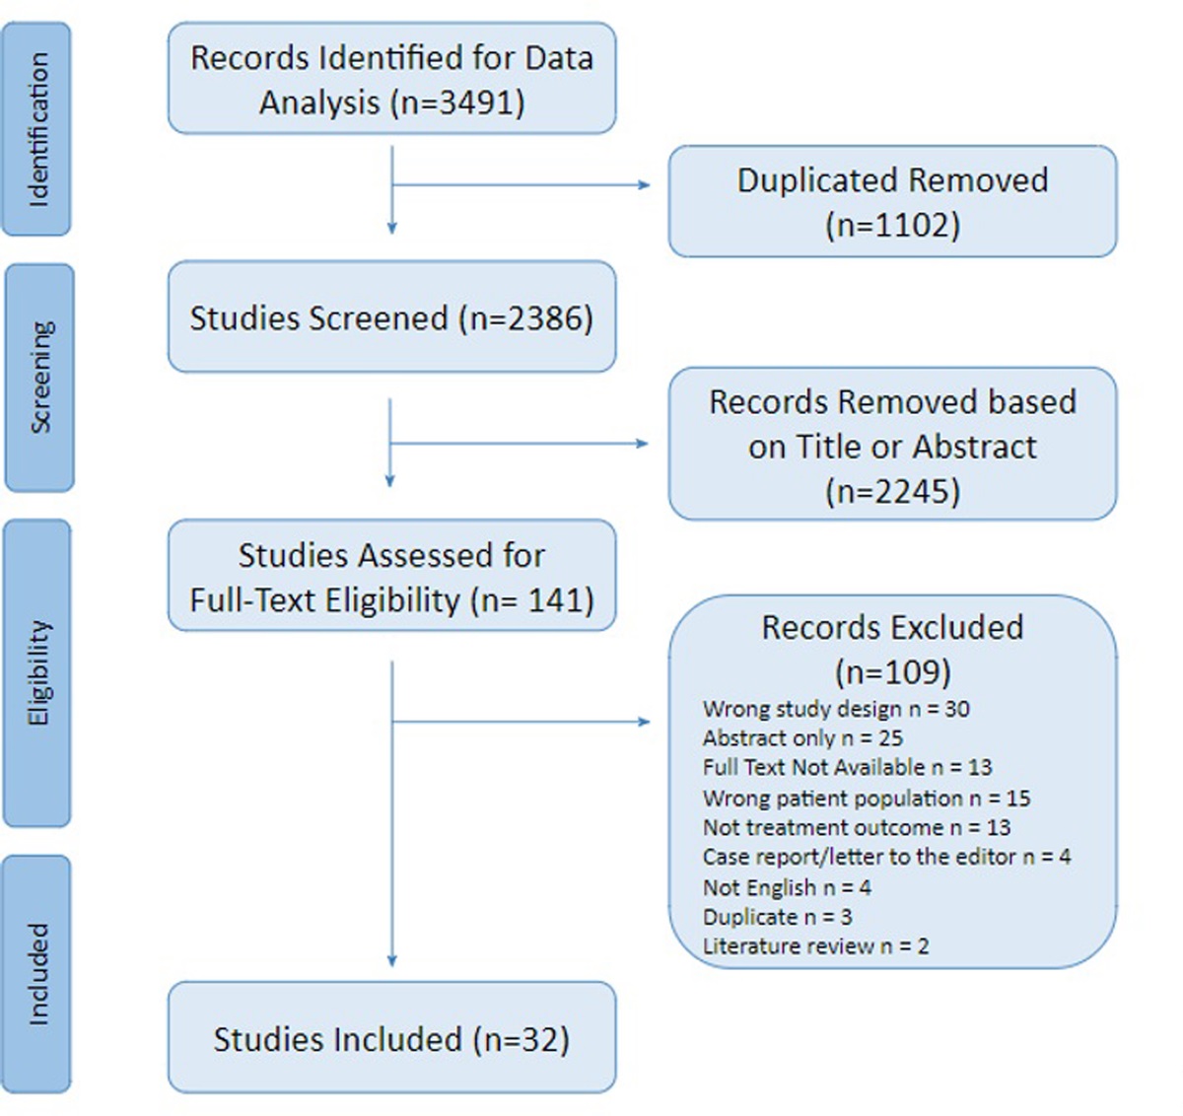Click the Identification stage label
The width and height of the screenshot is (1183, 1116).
37,129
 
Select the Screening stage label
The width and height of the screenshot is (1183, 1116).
39,377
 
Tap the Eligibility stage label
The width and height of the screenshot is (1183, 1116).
37,672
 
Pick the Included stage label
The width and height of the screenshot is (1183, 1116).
37,973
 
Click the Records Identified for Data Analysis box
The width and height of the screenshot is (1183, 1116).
391,79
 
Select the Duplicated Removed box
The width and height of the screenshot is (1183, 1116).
892,202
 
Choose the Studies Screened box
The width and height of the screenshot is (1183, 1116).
391,317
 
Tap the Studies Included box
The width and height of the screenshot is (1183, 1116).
391,1038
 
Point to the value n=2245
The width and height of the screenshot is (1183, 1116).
892,491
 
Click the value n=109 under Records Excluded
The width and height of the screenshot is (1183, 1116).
892,672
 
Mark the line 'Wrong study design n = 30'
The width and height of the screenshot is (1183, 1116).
836,709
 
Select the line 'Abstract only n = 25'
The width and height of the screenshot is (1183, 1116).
802,738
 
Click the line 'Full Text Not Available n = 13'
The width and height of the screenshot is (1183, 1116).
847,767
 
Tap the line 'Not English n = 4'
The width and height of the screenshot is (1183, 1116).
787,887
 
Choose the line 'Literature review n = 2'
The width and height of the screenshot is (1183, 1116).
815,946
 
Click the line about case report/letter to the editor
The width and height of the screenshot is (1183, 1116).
886,857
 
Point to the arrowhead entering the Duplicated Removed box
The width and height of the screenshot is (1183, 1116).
645,184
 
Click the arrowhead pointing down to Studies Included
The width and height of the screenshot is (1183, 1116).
391,961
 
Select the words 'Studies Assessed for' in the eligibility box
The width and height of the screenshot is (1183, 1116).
391,555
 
